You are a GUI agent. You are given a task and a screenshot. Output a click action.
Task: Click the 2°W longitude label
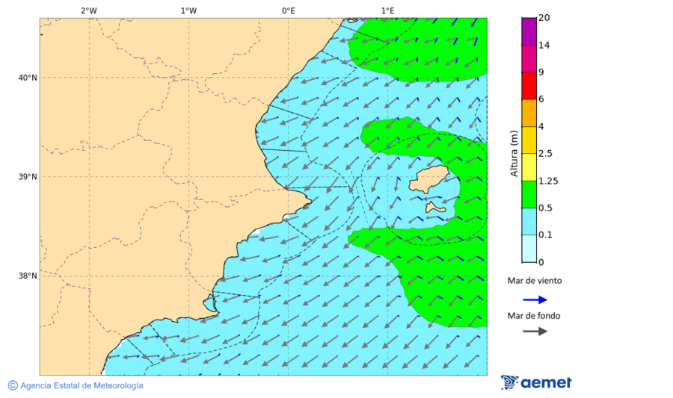tap(88, 10)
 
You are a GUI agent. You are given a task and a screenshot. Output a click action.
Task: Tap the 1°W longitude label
tap(188, 10)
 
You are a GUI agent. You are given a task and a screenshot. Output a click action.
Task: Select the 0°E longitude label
tap(288, 10)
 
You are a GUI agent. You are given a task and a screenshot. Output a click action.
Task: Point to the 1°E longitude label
tap(387, 10)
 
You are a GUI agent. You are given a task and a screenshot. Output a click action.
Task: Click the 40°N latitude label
tap(28, 78)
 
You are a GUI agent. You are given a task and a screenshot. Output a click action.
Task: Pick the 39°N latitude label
tap(28, 177)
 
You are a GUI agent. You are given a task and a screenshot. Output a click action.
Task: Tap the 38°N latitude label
tap(28, 276)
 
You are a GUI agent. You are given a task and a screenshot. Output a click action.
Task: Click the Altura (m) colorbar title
tap(514, 153)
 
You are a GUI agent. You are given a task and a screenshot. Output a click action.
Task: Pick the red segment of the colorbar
tap(529, 86)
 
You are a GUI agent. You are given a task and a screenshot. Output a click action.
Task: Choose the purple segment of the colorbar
tap(529, 31)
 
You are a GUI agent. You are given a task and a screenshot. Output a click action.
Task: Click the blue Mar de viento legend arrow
tap(535, 299)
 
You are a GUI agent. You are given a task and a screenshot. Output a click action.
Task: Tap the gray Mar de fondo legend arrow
tap(535, 331)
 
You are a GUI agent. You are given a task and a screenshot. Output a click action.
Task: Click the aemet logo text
tap(546, 382)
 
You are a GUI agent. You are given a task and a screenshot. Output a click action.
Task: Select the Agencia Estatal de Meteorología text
tap(81, 385)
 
